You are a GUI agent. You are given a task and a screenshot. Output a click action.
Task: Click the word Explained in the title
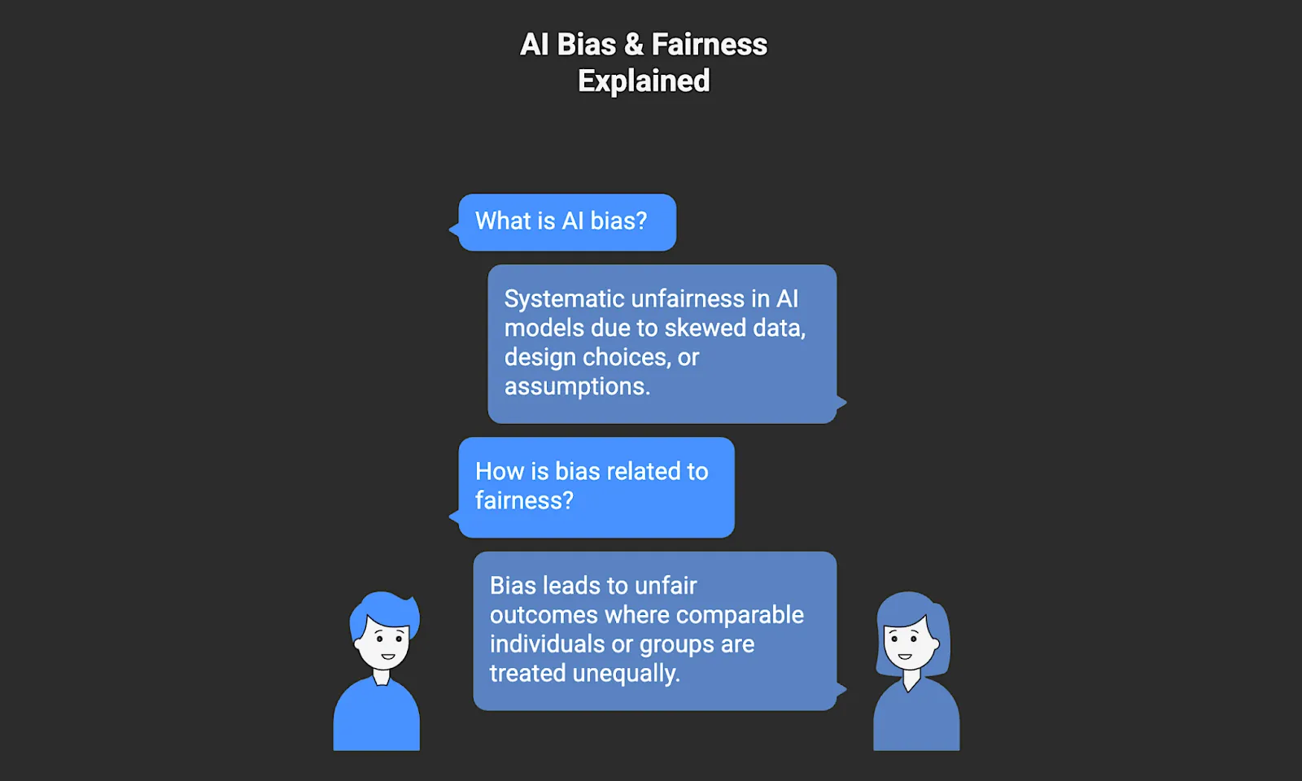(x=644, y=81)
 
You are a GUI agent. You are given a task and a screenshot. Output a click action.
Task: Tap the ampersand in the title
(x=633, y=45)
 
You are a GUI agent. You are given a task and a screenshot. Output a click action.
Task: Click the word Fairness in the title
(x=709, y=45)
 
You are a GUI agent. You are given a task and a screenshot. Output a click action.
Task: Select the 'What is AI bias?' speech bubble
(x=566, y=222)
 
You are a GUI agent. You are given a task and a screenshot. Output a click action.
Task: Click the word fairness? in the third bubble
(x=524, y=500)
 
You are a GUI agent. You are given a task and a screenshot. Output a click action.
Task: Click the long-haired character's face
(x=909, y=644)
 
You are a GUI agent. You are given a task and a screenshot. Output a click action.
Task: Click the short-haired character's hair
(x=381, y=608)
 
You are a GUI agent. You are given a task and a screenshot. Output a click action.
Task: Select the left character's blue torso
(x=376, y=717)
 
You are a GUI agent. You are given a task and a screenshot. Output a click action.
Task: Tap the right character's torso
(x=916, y=717)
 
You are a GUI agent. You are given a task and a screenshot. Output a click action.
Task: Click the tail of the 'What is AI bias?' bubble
(x=453, y=230)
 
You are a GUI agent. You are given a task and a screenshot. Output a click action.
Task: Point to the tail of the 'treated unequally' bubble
(x=841, y=690)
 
